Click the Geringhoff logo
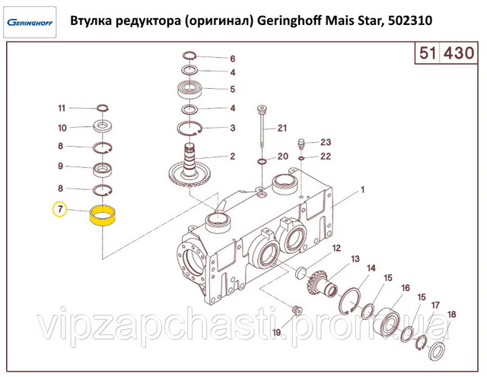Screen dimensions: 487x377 [30, 22]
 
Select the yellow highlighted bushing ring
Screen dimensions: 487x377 [103, 216]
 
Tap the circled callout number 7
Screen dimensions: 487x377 [60, 209]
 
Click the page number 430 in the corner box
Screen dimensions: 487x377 [458, 53]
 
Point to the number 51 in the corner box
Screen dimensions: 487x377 [427, 53]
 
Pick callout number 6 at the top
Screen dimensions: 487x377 [233, 59]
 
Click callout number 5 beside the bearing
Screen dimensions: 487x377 [233, 89]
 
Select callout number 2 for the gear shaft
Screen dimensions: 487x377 [233, 156]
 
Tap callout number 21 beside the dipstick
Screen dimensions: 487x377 [282, 128]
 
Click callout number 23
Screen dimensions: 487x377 [326, 142]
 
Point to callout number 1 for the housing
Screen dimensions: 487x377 [362, 189]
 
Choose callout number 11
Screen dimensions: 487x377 [62, 108]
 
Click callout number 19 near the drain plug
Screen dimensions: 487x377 [276, 332]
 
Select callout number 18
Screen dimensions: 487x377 [451, 315]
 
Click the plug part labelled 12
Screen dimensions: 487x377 [301, 272]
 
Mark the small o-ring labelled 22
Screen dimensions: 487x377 [301, 159]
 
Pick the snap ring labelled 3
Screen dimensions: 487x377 [189, 128]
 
